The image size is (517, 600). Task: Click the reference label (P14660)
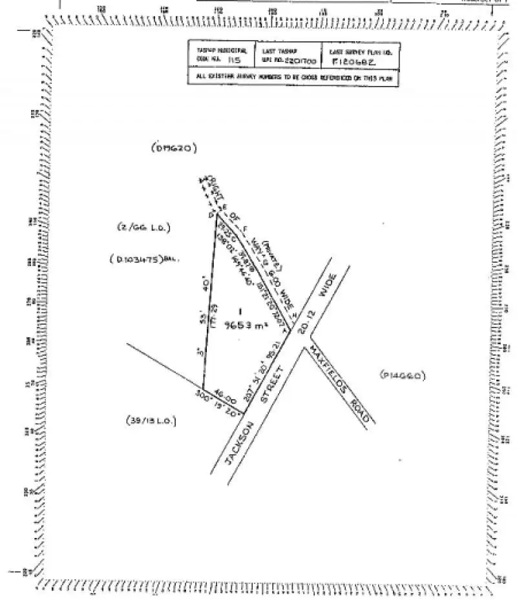tap(403, 375)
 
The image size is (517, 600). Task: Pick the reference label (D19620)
tap(174, 149)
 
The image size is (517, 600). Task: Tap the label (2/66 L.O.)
tap(138, 227)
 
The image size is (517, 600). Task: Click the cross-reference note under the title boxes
tap(294, 78)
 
